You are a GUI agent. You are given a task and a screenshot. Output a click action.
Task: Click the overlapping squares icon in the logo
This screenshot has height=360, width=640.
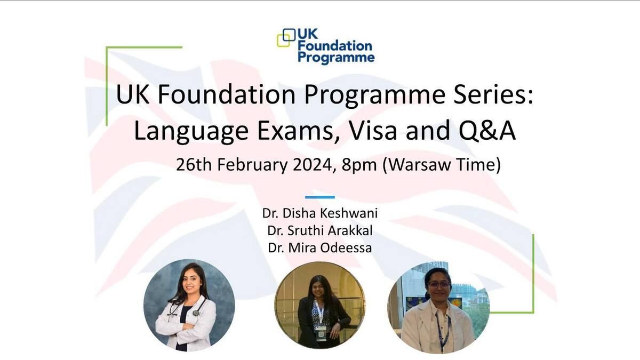coord(286,38)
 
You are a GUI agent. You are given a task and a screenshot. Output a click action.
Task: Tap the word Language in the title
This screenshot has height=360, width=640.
coord(191,131)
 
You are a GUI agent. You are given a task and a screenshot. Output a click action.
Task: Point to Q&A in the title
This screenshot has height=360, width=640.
coord(487,131)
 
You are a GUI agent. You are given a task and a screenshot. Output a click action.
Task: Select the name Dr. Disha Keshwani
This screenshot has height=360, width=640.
coord(320,213)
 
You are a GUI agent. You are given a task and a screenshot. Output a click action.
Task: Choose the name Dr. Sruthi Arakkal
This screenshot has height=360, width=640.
coord(320,230)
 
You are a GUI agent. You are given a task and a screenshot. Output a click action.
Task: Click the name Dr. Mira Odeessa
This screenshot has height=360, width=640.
coord(320,247)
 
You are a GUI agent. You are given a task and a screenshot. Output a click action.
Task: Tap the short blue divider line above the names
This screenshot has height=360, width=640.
coord(320,197)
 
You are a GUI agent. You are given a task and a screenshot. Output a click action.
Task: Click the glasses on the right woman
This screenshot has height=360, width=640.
coord(439,285)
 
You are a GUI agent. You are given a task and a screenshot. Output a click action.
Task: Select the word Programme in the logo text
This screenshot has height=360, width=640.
coord(336,58)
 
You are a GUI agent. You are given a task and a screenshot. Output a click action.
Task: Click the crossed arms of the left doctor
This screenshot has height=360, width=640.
coord(183,326)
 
